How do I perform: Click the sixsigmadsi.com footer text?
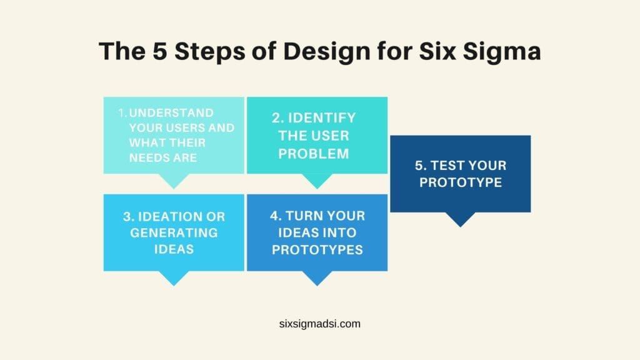coord(320,324)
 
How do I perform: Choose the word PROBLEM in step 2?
coord(314,154)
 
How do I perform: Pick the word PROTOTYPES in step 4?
coord(317,249)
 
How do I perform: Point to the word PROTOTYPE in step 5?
coord(461,182)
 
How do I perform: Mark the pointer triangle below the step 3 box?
coord(174,278)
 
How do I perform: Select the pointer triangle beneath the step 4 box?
coord(317,278)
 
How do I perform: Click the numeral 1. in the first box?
coord(122,113)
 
